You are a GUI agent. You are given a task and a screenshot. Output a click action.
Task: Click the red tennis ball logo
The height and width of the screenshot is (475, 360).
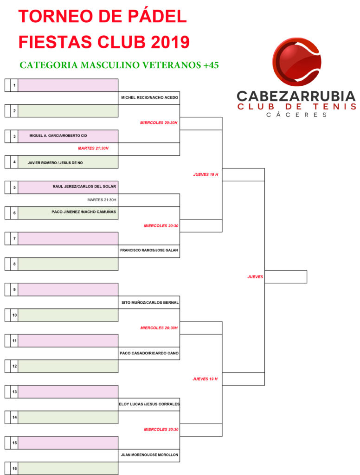[x=297, y=62]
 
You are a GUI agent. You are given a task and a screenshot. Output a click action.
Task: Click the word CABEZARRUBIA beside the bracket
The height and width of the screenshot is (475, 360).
[x=296, y=96]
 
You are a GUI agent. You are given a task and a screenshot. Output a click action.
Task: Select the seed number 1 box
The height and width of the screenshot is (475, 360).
[x=14, y=85]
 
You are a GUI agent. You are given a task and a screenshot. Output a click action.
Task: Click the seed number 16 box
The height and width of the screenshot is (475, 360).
[x=14, y=469]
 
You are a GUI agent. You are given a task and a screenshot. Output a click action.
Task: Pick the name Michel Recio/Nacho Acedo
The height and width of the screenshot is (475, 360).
[x=150, y=97]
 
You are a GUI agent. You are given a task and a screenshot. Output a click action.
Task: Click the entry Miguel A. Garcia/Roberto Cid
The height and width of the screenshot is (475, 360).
[x=58, y=136]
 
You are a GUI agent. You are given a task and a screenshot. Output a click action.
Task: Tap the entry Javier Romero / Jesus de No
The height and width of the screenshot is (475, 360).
[x=55, y=163]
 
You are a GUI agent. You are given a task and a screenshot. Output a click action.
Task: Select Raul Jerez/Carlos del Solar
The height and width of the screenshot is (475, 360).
[x=84, y=186]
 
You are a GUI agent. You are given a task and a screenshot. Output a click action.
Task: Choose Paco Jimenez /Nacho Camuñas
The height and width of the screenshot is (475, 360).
[x=84, y=212]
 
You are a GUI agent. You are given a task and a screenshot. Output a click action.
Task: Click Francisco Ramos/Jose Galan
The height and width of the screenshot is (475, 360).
[x=149, y=250]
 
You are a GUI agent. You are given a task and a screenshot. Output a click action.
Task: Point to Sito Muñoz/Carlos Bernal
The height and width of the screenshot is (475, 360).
[x=150, y=302]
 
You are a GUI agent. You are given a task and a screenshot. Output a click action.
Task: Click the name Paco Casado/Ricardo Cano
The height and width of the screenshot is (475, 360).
[x=149, y=353]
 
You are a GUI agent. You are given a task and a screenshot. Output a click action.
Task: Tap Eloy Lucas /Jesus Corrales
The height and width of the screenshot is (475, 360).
[x=149, y=404]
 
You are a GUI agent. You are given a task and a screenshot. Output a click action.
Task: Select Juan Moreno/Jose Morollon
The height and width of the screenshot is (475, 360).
[x=149, y=455]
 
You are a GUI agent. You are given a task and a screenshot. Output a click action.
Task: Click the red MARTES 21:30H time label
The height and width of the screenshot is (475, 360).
[x=93, y=148]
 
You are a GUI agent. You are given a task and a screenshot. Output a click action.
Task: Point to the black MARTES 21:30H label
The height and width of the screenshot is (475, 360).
[x=102, y=200]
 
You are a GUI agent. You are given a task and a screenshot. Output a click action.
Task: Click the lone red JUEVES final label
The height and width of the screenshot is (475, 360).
[x=255, y=277]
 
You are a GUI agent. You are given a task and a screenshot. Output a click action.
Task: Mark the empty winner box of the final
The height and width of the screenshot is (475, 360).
[x=286, y=277]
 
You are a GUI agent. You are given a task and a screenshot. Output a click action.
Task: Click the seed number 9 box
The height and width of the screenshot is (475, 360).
[x=14, y=289]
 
